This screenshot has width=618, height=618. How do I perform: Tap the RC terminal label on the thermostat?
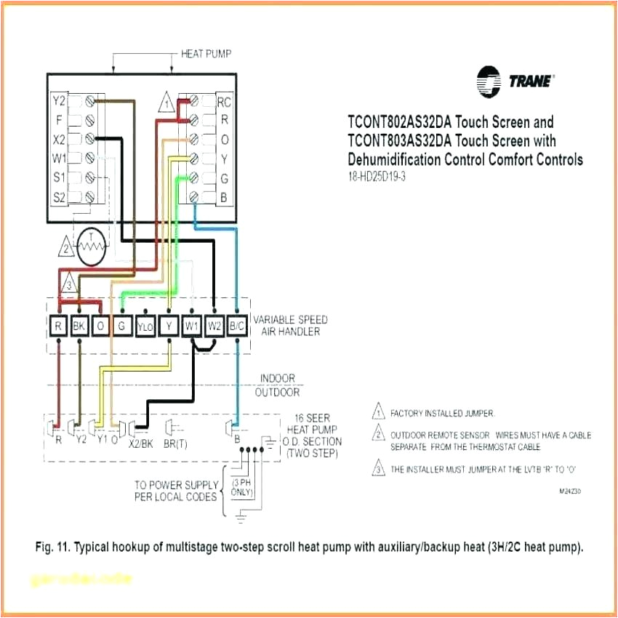224,103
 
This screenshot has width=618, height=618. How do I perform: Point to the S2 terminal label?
60,196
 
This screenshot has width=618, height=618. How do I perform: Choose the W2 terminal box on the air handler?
214,326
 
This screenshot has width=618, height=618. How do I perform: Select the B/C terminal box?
237,326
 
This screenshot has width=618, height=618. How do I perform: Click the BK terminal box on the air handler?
80,326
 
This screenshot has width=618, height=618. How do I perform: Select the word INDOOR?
278,378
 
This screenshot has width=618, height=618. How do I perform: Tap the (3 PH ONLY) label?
241,488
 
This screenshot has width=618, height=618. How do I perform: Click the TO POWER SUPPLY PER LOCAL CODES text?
177,491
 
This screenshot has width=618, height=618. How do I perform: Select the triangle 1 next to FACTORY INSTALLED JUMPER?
378,413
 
